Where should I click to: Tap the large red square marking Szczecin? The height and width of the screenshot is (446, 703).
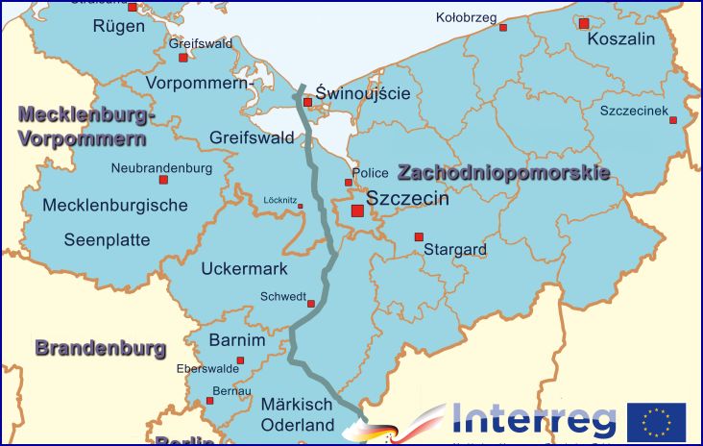tap(357, 211)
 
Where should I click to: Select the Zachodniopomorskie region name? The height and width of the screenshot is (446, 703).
tap(504, 174)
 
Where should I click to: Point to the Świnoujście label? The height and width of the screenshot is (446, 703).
tap(363, 93)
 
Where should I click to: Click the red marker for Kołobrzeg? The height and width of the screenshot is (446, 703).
tap(502, 28)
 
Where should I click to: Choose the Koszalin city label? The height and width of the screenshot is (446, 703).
tap(620, 39)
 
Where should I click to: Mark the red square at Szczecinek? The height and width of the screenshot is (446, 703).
tap(673, 120)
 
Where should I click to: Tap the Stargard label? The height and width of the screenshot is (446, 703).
tap(455, 250)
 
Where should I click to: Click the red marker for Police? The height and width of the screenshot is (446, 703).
tap(349, 182)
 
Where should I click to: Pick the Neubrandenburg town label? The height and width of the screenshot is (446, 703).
tap(161, 167)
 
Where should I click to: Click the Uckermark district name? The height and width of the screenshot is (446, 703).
tap(244, 269)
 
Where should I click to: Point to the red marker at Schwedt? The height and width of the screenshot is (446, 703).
tap(311, 304)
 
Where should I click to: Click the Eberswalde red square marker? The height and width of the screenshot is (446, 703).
tap(240, 360)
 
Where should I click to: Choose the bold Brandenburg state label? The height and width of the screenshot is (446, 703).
tap(101, 348)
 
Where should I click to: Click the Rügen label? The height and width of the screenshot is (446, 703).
tap(119, 26)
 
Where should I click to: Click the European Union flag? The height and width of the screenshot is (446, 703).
tap(656, 421)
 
